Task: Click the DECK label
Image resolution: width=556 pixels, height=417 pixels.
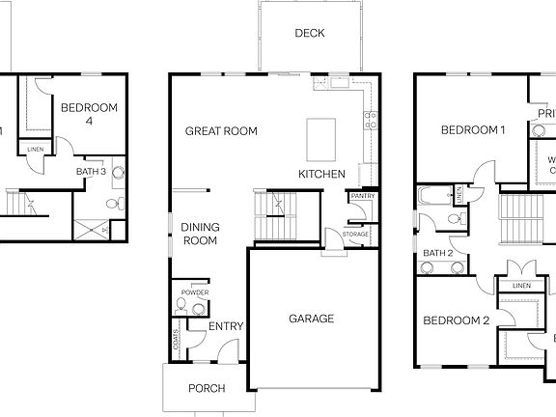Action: [x=310, y=33]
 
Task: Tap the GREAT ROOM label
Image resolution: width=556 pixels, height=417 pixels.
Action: [x=221, y=131]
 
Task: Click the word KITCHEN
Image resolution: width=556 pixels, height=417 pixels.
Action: [x=321, y=174]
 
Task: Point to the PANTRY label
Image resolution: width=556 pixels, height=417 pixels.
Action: [x=363, y=196]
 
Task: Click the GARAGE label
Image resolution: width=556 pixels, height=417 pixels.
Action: [x=311, y=319]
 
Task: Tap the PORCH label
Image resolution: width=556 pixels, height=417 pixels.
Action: [x=207, y=389]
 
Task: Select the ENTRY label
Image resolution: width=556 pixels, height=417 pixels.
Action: [x=226, y=326]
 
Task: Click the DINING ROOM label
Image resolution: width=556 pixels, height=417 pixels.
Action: [x=201, y=234]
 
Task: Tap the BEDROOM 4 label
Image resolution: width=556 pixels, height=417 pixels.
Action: [x=89, y=114]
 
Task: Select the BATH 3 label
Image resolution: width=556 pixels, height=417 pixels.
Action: [x=92, y=171]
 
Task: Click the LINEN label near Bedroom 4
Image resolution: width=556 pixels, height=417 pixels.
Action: [x=36, y=150]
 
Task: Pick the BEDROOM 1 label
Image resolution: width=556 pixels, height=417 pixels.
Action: [x=473, y=130]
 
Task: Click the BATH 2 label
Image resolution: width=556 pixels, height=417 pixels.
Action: [x=439, y=253]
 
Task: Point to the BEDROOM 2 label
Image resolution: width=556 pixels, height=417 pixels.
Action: [x=456, y=320]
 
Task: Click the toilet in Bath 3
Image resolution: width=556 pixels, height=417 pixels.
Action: [x=115, y=204]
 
